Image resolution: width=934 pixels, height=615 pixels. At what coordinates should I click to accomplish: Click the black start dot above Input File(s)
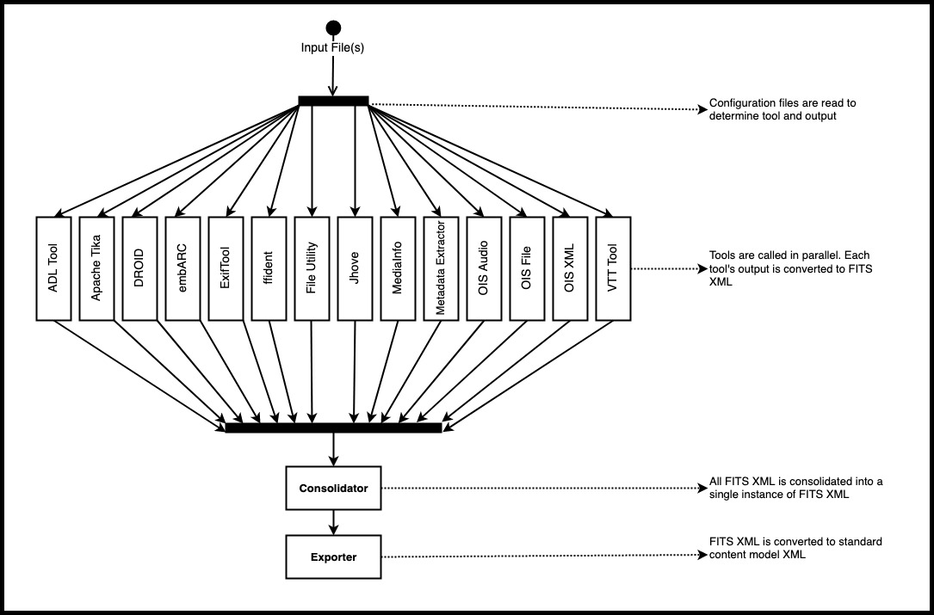pyautogui.click(x=334, y=28)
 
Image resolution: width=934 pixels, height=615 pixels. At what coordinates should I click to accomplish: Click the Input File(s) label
pyautogui.click(x=332, y=47)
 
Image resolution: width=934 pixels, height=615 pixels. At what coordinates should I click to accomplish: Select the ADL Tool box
pyautogui.click(x=53, y=268)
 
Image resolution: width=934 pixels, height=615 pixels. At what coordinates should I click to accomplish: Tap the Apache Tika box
pyautogui.click(x=96, y=268)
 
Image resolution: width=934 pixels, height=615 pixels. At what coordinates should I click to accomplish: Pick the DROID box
pyautogui.click(x=139, y=268)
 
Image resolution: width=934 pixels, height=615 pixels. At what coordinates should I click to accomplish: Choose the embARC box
pyautogui.click(x=182, y=268)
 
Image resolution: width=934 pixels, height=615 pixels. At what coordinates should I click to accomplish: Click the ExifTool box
pyautogui.click(x=226, y=268)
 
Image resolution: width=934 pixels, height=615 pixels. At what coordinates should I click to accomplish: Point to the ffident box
pyautogui.click(x=269, y=268)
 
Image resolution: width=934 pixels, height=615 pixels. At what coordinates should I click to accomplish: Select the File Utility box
pyautogui.click(x=312, y=268)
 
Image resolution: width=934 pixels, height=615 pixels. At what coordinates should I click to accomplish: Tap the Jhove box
pyautogui.click(x=355, y=268)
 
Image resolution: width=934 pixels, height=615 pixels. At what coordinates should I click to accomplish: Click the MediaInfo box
pyautogui.click(x=398, y=268)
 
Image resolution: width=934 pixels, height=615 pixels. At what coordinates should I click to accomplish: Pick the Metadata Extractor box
pyautogui.click(x=441, y=268)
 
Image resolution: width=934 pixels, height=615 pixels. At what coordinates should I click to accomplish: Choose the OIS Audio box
pyautogui.click(x=484, y=268)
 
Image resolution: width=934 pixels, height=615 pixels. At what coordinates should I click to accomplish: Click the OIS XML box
pyautogui.click(x=570, y=268)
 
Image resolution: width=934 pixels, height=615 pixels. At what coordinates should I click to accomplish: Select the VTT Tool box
pyautogui.click(x=613, y=268)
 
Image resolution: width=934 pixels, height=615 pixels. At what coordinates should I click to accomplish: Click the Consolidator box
pyautogui.click(x=334, y=489)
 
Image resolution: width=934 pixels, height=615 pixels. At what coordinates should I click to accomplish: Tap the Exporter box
pyautogui.click(x=334, y=557)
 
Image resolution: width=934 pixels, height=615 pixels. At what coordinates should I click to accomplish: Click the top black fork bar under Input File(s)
pyautogui.click(x=334, y=101)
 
